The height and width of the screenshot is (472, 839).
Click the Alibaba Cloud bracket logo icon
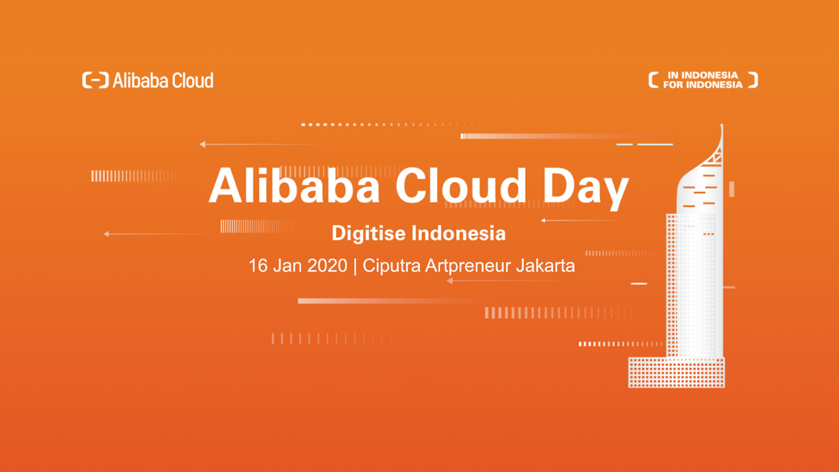[95, 80]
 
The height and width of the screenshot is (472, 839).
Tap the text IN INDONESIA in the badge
[702, 75]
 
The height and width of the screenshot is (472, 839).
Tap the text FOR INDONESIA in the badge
[702, 85]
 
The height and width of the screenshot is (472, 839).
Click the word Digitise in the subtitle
[368, 233]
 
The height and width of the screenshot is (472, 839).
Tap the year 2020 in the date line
[327, 266]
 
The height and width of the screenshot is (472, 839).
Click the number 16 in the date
[258, 266]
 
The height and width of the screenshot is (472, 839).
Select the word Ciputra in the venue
[392, 266]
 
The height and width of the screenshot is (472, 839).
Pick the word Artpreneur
[468, 266]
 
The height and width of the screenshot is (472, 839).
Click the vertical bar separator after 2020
[355, 266]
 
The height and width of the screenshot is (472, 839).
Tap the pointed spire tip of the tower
[721, 128]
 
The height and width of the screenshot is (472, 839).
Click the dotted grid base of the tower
[676, 372]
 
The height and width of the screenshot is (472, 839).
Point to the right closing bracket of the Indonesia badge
[753, 80]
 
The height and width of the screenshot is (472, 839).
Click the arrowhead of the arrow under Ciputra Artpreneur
[450, 281]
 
